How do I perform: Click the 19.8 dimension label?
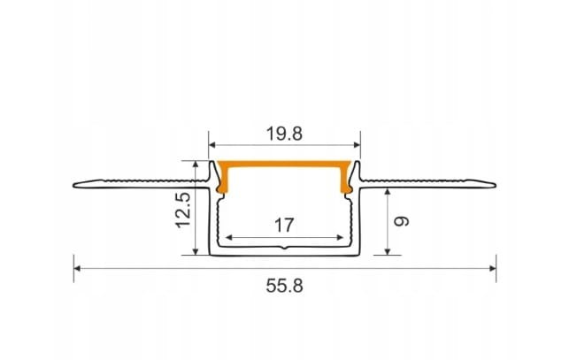point(283,134)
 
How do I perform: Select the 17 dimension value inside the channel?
point(283,225)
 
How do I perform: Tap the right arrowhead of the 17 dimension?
point(341,237)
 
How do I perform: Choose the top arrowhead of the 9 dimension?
point(388,191)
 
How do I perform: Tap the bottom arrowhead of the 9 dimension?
point(388,251)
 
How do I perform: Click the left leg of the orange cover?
point(223,180)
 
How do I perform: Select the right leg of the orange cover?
point(345,180)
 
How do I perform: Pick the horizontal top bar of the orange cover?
point(283,165)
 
